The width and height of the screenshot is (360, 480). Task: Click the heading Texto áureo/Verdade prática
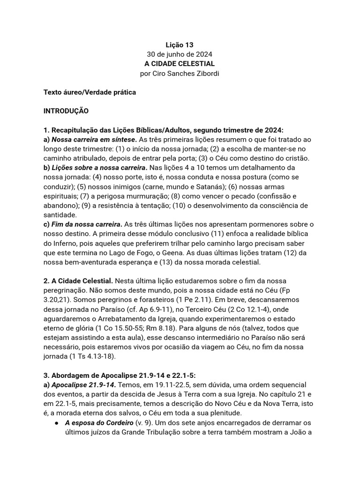tap(90, 92)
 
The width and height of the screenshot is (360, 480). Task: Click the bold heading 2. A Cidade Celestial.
tap(78, 281)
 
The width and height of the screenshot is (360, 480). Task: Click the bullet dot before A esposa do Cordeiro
tap(56, 423)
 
